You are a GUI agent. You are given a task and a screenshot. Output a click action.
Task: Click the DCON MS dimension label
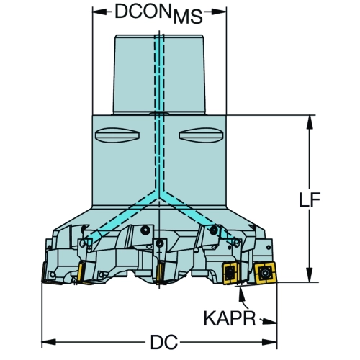158,14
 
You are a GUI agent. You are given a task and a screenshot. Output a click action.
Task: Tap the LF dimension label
310,200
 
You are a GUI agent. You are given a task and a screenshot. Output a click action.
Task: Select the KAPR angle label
230,318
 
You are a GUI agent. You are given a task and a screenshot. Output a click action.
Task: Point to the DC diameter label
164,342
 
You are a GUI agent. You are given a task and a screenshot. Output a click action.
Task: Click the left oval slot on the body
117,135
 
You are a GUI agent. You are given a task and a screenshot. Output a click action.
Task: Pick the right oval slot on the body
201,135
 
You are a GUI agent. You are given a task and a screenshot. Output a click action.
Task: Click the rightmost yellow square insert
265,273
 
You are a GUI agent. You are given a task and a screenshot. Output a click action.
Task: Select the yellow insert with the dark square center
230,274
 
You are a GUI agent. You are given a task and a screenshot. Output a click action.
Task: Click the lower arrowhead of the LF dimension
310,275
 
